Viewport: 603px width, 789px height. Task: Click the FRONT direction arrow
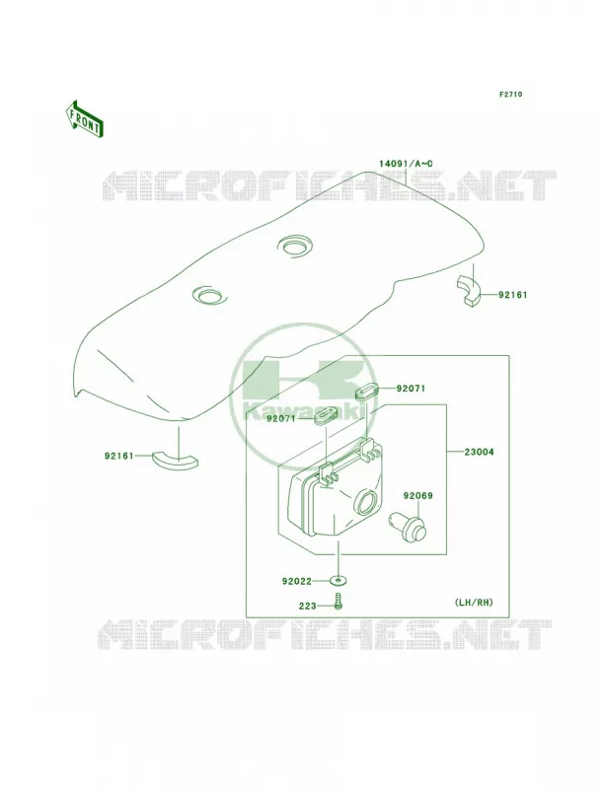point(85,118)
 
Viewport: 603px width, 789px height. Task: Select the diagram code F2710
point(510,94)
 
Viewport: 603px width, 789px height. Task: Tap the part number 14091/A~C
point(406,164)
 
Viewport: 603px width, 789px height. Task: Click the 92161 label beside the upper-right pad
point(513,295)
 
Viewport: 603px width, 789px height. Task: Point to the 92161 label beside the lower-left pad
point(119,456)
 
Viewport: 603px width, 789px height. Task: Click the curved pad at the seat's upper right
point(469,291)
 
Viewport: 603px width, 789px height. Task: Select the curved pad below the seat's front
point(175,460)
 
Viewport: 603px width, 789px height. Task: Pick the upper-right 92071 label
point(411,389)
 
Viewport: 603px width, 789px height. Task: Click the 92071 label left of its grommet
point(281,418)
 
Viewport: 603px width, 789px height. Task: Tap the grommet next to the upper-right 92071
point(366,392)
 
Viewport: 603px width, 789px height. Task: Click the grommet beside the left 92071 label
point(326,416)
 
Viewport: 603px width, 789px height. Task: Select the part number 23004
point(480,452)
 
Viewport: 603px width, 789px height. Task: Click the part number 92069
point(417,496)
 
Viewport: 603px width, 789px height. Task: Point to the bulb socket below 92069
point(408,527)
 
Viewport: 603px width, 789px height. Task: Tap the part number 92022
point(297,581)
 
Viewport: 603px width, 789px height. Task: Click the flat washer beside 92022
point(339,581)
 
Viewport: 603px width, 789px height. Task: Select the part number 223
point(308,606)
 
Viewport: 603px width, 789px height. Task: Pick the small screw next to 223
point(339,601)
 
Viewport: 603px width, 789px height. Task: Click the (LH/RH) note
point(474,602)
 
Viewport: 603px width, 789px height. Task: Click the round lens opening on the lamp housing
point(367,502)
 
